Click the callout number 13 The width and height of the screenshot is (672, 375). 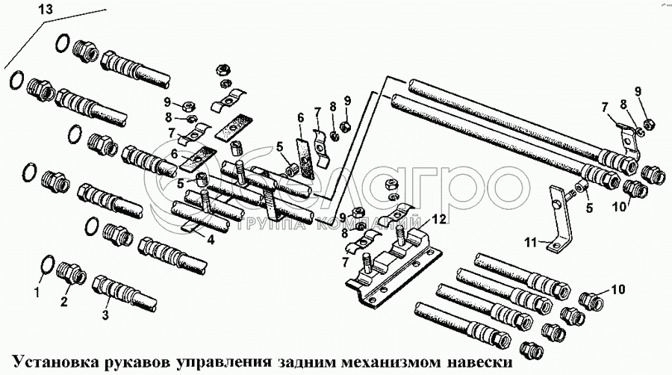pos(46,9)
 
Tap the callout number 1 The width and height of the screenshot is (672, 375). pos(37,293)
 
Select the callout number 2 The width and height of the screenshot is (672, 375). pos(64,302)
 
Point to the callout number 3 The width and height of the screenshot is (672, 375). pos(105,314)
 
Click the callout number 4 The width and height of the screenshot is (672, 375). pos(210,240)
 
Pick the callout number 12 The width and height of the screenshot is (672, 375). pos(439,219)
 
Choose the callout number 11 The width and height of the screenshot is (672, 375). pos(531,243)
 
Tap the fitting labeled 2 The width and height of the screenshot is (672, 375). pos(71,273)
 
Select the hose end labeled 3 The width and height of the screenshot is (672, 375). pos(125,293)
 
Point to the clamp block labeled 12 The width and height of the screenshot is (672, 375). pos(394,267)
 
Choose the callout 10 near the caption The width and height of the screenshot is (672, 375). pos(618,289)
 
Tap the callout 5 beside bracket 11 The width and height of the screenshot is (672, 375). pos(589,208)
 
